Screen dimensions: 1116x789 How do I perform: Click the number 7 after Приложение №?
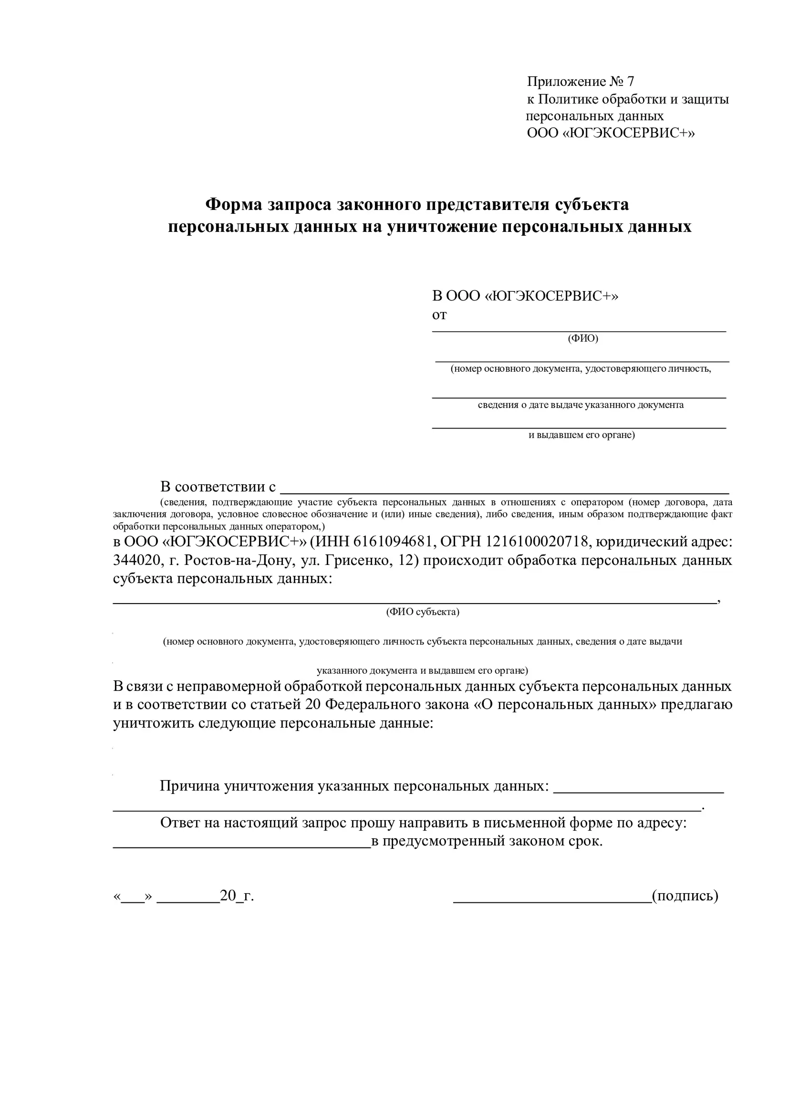(x=630, y=82)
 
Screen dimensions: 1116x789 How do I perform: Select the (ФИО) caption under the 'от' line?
(x=582, y=338)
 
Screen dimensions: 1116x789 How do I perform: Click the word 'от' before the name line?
(x=439, y=315)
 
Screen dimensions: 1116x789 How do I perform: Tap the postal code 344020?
(x=136, y=561)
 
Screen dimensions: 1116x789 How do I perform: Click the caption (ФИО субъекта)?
(x=423, y=612)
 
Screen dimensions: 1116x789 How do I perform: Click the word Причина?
(x=190, y=786)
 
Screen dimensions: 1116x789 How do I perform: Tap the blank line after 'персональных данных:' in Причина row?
(x=638, y=791)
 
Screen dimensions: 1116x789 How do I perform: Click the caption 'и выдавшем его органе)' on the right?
(x=581, y=435)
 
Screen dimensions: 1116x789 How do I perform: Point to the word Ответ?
(x=180, y=823)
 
